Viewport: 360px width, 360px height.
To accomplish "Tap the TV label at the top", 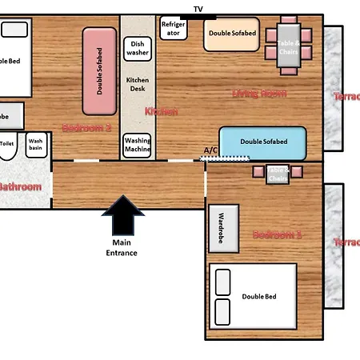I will click(x=198, y=8).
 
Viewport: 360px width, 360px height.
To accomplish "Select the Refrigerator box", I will click(x=173, y=29).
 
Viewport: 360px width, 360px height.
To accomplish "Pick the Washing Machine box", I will click(x=138, y=145).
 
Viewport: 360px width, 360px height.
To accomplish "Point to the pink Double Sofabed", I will click(x=100, y=70).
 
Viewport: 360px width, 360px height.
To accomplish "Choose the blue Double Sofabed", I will click(x=262, y=142).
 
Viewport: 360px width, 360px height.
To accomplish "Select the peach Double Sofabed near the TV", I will click(x=231, y=34).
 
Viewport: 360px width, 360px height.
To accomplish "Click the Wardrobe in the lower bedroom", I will click(x=223, y=229).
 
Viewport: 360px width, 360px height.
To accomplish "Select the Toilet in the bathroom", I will click(x=7, y=148).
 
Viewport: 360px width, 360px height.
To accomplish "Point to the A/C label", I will click(x=210, y=150).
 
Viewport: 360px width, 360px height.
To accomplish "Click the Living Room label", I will click(x=258, y=94).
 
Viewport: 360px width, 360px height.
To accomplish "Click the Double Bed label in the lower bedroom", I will click(x=259, y=297).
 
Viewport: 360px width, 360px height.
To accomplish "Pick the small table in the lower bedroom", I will click(x=277, y=173).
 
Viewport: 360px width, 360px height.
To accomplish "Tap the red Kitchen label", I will click(x=161, y=112).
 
